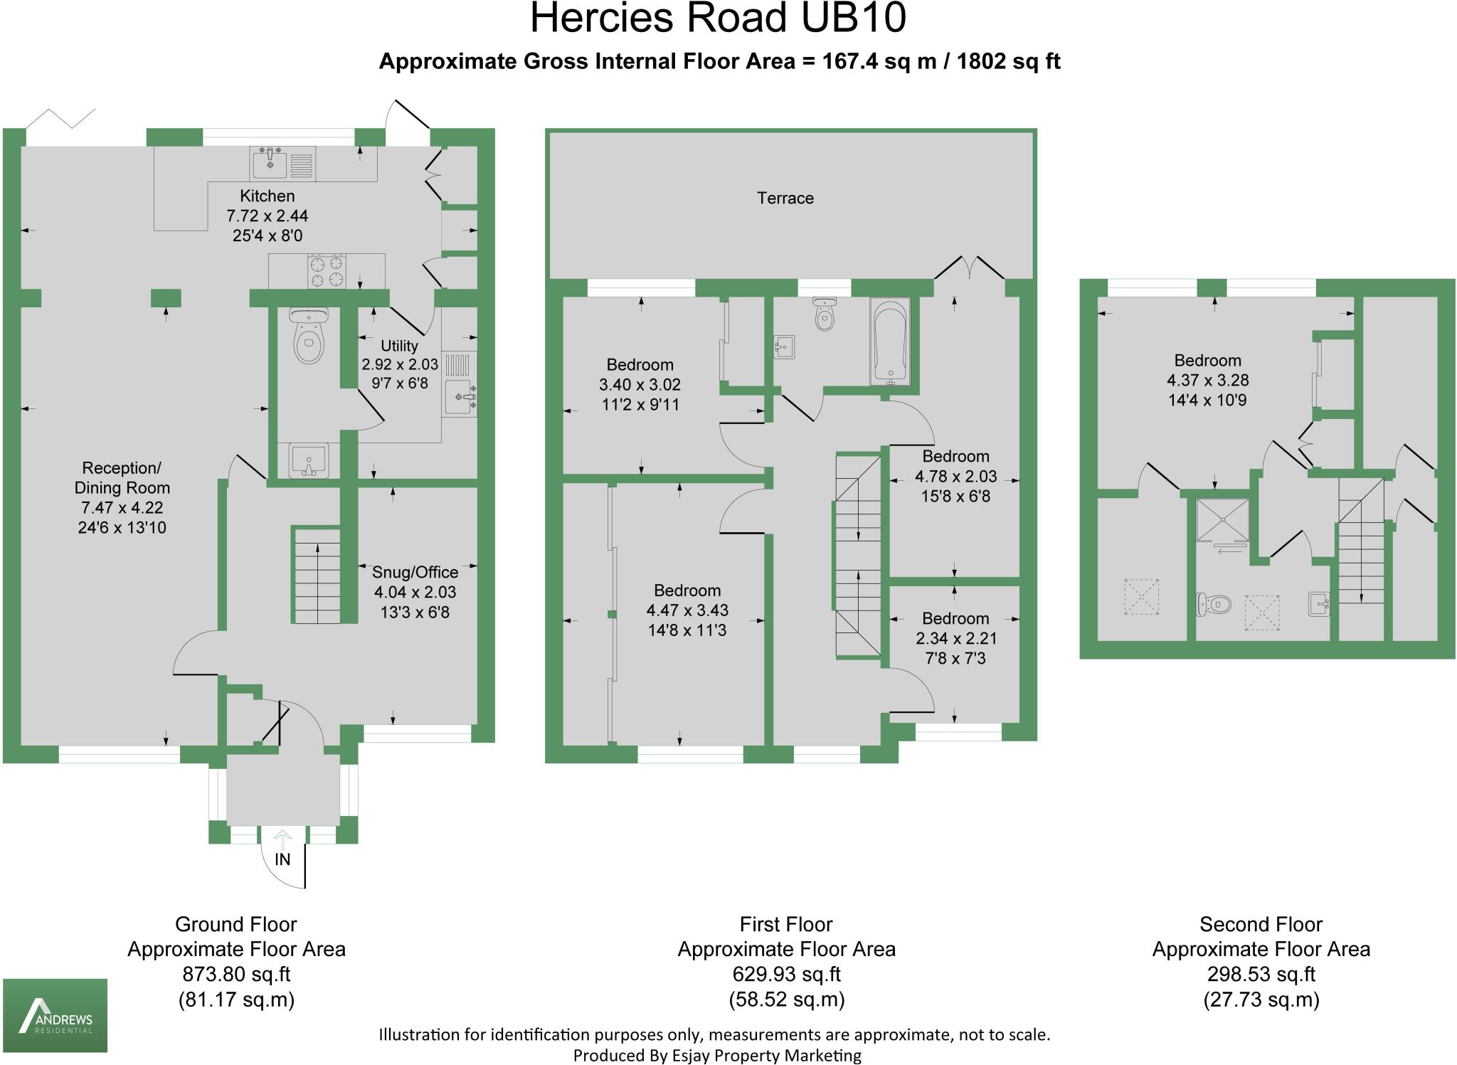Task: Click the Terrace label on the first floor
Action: pos(785,198)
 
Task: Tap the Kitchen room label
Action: pos(267,196)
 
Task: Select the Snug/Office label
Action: pos(415,573)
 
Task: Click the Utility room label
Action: pos(399,346)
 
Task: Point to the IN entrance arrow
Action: pos(282,840)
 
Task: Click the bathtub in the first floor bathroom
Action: pos(889,341)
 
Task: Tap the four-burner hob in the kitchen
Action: pos(327,272)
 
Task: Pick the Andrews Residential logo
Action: pos(55,1015)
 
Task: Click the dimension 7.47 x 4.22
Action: pos(122,508)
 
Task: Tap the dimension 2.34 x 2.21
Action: pos(955,639)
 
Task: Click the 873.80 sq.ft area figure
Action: pos(236,975)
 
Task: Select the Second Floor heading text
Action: pos(1261,925)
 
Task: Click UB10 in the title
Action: pos(853,18)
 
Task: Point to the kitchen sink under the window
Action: pos(270,164)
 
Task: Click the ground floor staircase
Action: pos(317,576)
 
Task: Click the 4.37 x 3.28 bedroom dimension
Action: pos(1207,381)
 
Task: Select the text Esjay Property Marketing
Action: pos(766,1056)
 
